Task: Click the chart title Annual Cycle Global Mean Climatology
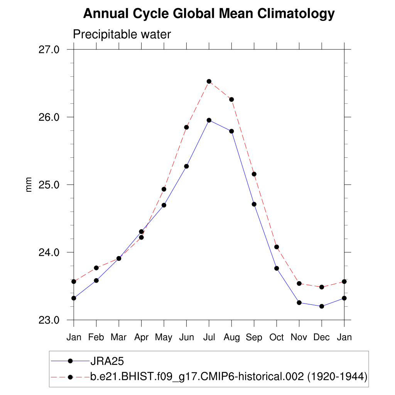tap(209, 14)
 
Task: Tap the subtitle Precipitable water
tap(122, 35)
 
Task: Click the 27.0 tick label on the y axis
tap(49, 49)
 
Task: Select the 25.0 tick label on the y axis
tap(49, 184)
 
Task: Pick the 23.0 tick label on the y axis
tap(49, 320)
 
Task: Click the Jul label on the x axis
tap(209, 338)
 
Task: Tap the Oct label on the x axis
tap(277, 338)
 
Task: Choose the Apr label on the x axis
tap(141, 338)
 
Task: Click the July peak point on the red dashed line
tap(209, 81)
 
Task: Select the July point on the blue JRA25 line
tap(209, 120)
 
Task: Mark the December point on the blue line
tap(322, 306)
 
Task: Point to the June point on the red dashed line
tap(186, 127)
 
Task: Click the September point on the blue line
tap(254, 204)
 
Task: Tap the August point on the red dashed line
tap(231, 100)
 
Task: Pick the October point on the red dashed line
tap(277, 247)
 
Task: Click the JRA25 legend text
tap(107, 361)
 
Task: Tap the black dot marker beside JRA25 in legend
tap(70, 361)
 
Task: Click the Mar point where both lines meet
tap(119, 258)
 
